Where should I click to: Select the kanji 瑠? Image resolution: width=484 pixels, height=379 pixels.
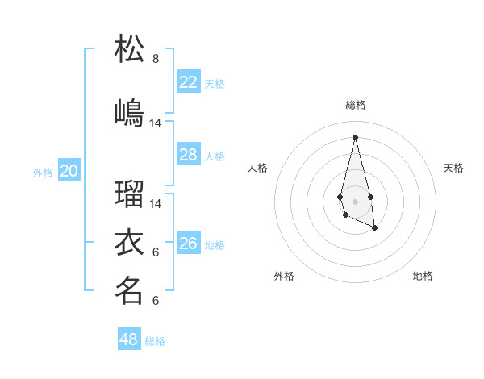click(129, 194)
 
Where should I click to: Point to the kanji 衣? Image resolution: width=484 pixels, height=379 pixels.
click(129, 242)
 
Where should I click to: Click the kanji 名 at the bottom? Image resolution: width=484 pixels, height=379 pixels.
click(129, 290)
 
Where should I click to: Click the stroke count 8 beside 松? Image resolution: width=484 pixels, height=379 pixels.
click(156, 59)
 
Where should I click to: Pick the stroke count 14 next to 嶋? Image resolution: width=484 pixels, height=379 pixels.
click(156, 123)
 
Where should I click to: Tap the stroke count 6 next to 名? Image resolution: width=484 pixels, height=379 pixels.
click(156, 301)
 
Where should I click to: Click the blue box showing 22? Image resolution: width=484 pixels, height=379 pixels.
click(189, 81)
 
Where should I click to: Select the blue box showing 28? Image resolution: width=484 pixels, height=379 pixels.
click(189, 154)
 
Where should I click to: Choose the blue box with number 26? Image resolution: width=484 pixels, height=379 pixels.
click(189, 243)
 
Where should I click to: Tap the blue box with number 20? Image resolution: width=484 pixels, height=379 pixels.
click(69, 170)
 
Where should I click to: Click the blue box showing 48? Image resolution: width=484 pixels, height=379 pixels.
click(129, 339)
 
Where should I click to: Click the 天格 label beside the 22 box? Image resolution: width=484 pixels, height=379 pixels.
click(215, 83)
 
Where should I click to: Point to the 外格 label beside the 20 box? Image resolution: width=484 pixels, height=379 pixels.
click(43, 172)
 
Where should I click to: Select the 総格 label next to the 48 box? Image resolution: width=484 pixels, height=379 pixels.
click(155, 341)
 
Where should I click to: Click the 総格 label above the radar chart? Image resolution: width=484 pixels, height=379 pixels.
click(356, 105)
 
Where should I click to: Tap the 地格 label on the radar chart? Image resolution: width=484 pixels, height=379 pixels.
click(423, 276)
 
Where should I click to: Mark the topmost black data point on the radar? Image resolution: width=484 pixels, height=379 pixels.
click(355, 137)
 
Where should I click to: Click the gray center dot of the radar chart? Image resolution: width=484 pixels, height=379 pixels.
click(355, 200)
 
